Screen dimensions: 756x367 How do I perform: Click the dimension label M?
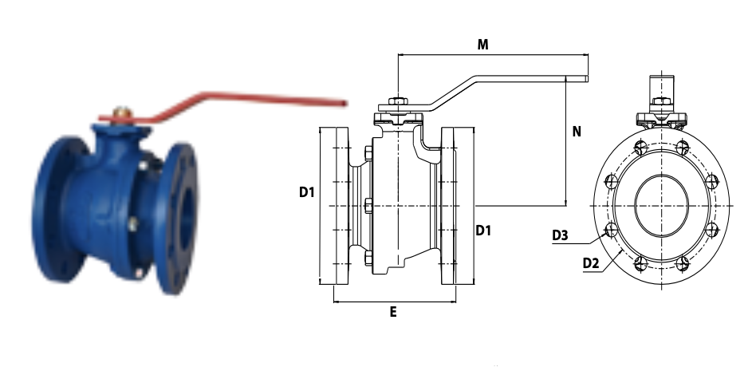[482, 45]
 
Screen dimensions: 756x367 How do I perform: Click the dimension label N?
[576, 131]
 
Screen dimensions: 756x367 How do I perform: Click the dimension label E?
[393, 313]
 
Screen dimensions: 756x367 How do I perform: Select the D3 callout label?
[560, 235]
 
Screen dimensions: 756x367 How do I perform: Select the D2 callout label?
[591, 263]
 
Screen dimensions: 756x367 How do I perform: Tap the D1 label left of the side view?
[307, 192]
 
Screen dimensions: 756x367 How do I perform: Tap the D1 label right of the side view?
[483, 231]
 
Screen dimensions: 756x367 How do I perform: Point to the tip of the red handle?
[345, 103]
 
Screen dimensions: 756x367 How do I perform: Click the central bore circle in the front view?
[662, 206]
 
